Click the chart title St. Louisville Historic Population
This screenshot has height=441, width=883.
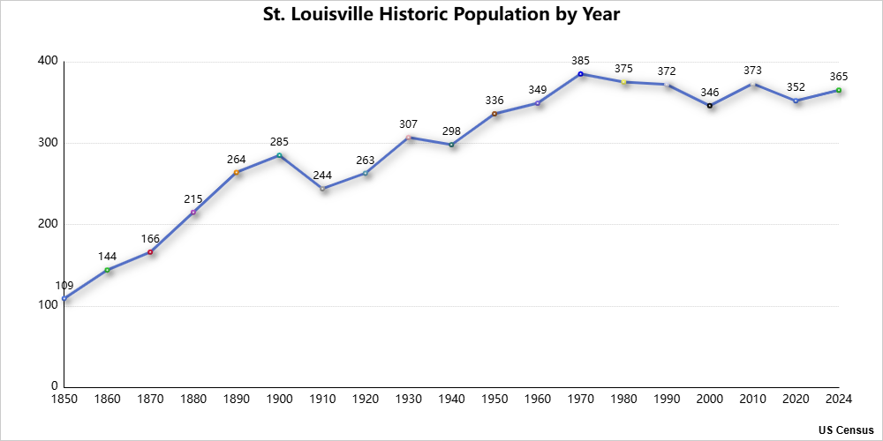pyautogui.click(x=441, y=15)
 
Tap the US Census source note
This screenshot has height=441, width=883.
pyautogui.click(x=845, y=430)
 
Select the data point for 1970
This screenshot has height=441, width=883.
pyautogui.click(x=580, y=74)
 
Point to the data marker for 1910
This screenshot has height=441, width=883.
pyautogui.click(x=322, y=189)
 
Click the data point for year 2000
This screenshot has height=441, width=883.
pyautogui.click(x=709, y=106)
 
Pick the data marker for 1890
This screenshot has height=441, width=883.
pyautogui.click(x=237, y=172)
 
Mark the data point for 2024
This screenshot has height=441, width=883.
pyautogui.click(x=839, y=90)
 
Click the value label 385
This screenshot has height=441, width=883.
pyautogui.click(x=580, y=61)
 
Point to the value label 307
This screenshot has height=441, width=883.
pyautogui.click(x=408, y=124)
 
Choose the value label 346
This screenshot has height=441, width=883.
pyautogui.click(x=709, y=93)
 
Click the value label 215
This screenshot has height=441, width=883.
pyautogui.click(x=193, y=198)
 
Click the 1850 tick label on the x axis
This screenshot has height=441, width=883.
pyautogui.click(x=64, y=400)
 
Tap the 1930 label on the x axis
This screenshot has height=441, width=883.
pyautogui.click(x=408, y=400)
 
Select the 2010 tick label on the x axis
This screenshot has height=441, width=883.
pyautogui.click(x=752, y=400)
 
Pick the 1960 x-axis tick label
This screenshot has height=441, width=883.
pyautogui.click(x=537, y=400)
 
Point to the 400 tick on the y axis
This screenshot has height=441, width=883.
pyautogui.click(x=48, y=61)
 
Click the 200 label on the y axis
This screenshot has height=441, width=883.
pyautogui.click(x=48, y=224)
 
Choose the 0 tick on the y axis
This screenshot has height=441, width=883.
pyautogui.click(x=55, y=386)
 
